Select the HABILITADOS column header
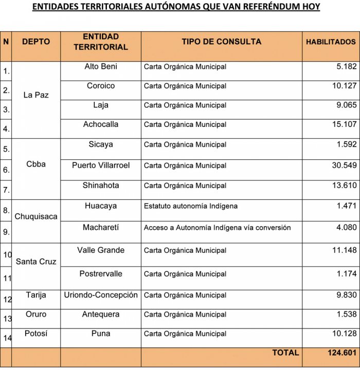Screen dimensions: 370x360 331,42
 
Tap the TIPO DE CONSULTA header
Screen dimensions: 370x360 221,42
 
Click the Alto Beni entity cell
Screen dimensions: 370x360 101,66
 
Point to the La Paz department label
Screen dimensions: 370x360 36,95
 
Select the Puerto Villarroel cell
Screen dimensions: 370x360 101,165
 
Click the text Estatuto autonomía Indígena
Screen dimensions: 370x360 190,206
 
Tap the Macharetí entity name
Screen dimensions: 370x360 101,227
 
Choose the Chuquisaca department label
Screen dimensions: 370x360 36,216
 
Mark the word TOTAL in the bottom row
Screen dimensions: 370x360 285,353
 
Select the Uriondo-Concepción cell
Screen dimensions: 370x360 101,295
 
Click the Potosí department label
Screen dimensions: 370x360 36,334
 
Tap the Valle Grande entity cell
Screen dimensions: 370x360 101,250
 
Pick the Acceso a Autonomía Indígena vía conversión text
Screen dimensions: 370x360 217,228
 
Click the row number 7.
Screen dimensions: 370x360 6,190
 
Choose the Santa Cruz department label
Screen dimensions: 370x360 36,262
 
